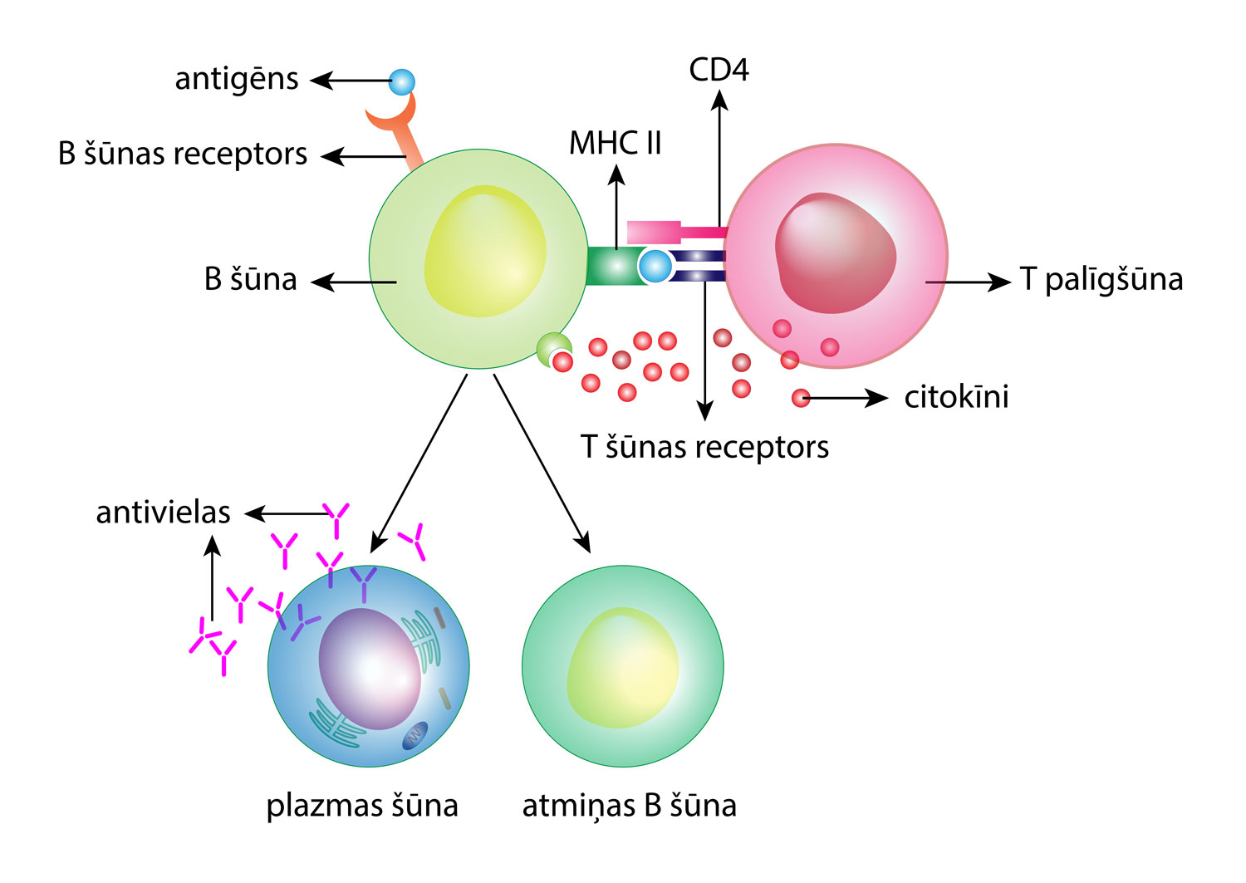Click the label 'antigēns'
click(x=236, y=80)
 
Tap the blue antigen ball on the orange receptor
click(x=402, y=82)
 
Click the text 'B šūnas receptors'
click(x=183, y=155)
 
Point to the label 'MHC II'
click(x=615, y=144)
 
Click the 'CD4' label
click(x=719, y=71)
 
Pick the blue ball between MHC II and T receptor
click(x=655, y=266)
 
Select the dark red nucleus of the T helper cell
click(x=834, y=253)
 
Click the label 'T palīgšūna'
click(x=1101, y=280)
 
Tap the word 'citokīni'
click(x=956, y=397)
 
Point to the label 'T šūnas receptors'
click(x=704, y=448)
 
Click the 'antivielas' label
click(x=163, y=513)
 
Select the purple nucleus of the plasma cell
click(x=369, y=669)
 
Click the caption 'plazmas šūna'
click(x=362, y=806)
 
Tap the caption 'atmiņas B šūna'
click(x=629, y=806)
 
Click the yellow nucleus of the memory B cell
click(x=622, y=668)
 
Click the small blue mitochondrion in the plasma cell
click(x=415, y=735)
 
